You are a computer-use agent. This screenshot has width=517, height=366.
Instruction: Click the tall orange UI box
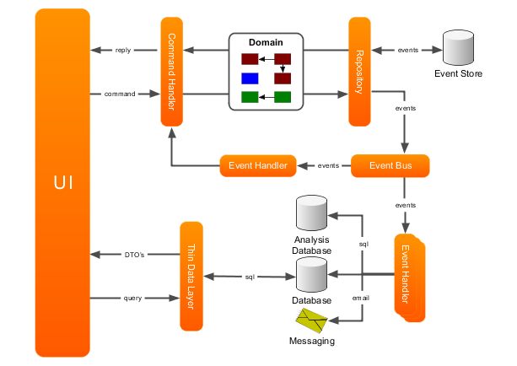[62, 183]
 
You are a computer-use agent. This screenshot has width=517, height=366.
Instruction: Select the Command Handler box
[172, 72]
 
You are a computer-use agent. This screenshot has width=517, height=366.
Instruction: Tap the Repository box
[360, 72]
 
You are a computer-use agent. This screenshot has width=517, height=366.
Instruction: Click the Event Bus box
[390, 165]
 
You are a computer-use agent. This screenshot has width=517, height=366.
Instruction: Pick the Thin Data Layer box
[191, 277]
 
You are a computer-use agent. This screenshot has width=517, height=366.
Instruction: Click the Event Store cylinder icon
[458, 47]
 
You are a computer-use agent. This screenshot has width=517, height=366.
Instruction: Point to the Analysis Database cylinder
[311, 213]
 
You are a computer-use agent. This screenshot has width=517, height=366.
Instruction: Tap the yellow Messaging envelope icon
[311, 320]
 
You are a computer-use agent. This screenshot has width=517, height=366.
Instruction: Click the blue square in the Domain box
[250, 78]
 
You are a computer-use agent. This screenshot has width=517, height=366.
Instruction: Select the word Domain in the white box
[266, 42]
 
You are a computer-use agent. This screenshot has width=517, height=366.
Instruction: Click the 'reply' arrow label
[123, 50]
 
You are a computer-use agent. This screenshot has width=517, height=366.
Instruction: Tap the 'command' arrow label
[120, 94]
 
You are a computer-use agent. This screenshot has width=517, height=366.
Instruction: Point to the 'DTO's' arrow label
[135, 255]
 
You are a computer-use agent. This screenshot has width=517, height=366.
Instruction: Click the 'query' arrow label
[132, 299]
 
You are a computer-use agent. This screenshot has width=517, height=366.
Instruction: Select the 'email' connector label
[361, 298]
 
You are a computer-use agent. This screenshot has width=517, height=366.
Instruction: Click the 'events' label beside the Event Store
[408, 50]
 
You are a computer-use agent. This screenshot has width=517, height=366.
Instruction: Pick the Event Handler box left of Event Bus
[258, 165]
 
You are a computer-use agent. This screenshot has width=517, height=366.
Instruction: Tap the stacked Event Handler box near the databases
[410, 277]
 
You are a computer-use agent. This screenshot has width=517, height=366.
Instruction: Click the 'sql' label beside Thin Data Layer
[250, 277]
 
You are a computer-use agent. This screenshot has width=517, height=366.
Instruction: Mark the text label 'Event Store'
[458, 73]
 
